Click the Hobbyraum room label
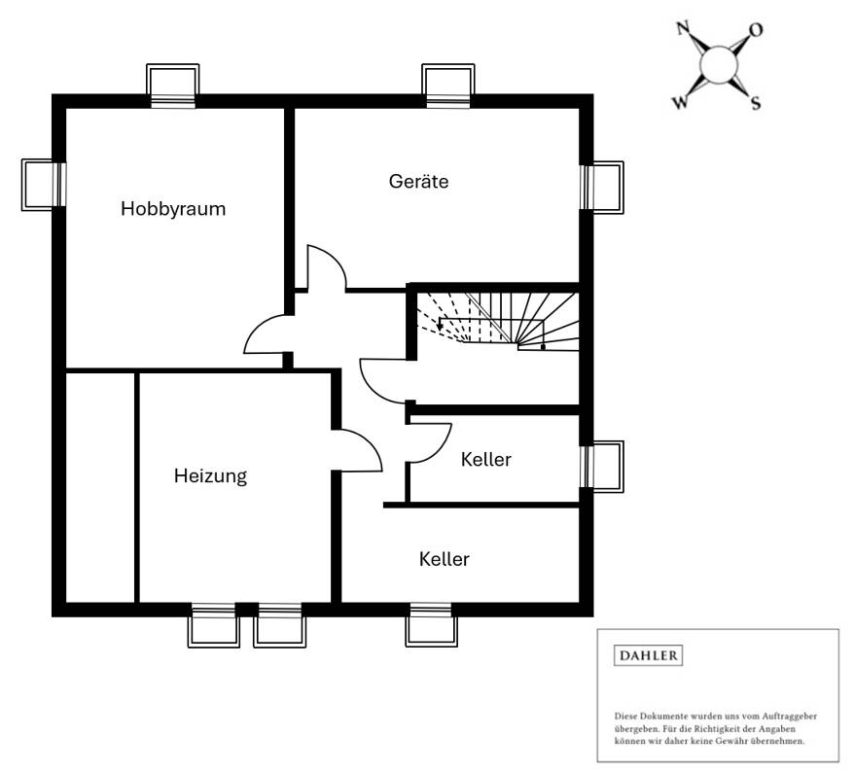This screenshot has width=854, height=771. (173, 208)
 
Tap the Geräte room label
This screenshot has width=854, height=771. (418, 181)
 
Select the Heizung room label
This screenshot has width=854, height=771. (210, 475)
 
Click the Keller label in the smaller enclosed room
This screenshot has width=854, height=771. (485, 459)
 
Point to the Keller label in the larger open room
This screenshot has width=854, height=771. (445, 559)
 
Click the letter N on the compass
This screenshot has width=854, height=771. (684, 29)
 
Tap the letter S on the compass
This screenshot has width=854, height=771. (755, 104)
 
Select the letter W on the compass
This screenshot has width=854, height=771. (679, 102)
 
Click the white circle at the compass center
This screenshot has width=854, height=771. (719, 65)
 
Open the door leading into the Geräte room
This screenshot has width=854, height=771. (326, 268)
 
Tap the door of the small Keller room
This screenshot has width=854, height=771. (430, 443)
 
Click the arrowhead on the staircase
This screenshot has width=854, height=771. (443, 327)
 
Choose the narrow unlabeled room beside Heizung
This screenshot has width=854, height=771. (99, 486)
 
